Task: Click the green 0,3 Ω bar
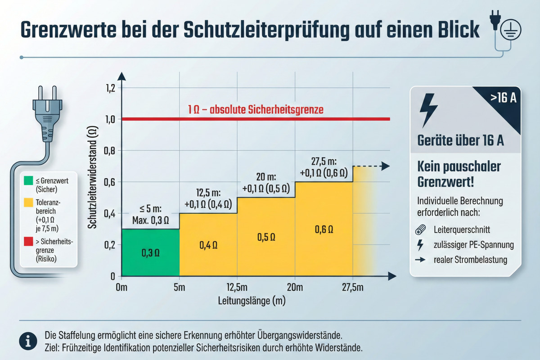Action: point(150,252)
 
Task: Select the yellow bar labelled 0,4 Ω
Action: point(208,245)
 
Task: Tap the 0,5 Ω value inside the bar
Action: point(265,237)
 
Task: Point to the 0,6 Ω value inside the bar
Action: point(324,229)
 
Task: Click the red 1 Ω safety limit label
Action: point(256,109)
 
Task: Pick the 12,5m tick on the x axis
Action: point(237,288)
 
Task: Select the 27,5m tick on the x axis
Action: point(352,288)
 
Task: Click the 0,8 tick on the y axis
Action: point(109,151)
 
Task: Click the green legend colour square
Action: point(27,181)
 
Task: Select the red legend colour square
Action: point(27,243)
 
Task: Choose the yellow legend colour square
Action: point(27,203)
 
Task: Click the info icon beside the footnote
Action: point(28,342)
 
